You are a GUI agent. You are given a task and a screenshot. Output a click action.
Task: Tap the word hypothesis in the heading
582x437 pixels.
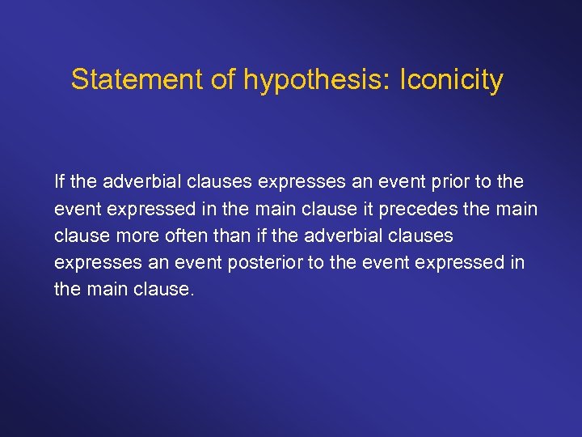tap(303, 80)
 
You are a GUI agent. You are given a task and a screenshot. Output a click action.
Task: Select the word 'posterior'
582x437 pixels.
tap(280, 262)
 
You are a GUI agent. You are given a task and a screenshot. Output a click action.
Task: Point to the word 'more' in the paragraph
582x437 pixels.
tap(136, 235)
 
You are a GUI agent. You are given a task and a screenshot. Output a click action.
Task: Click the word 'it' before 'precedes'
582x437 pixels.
tap(390, 208)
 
